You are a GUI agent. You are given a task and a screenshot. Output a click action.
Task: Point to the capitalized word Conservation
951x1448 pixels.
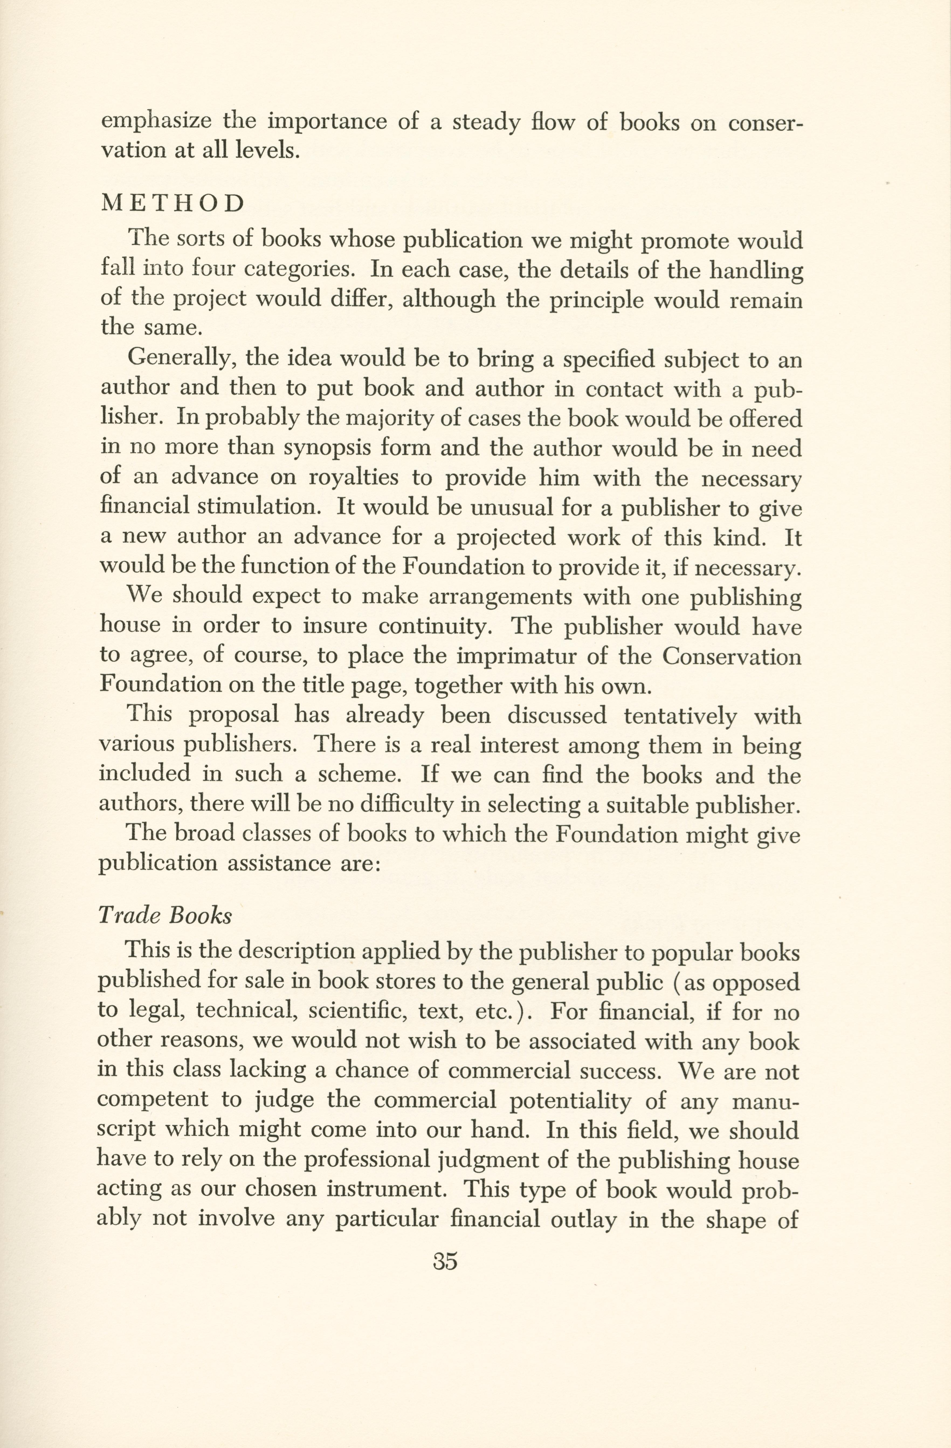(731, 656)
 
